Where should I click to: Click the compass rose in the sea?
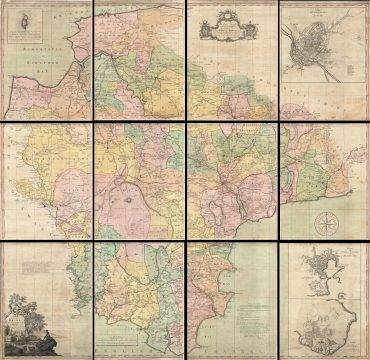coord(326,224)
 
